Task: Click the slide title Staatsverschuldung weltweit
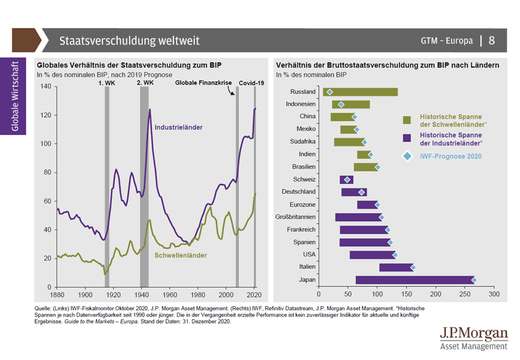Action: (x=129, y=41)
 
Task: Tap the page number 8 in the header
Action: (x=491, y=41)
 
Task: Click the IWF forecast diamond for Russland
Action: (x=330, y=92)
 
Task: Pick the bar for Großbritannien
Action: (x=358, y=217)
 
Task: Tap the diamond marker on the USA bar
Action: (x=394, y=255)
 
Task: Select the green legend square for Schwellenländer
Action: (x=408, y=120)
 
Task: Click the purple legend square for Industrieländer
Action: (x=408, y=138)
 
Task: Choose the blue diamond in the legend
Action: (x=408, y=156)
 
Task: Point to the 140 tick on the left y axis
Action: (x=47, y=87)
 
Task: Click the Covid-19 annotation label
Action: (x=252, y=84)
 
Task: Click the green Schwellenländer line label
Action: (x=181, y=255)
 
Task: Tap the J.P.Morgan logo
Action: (x=473, y=337)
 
